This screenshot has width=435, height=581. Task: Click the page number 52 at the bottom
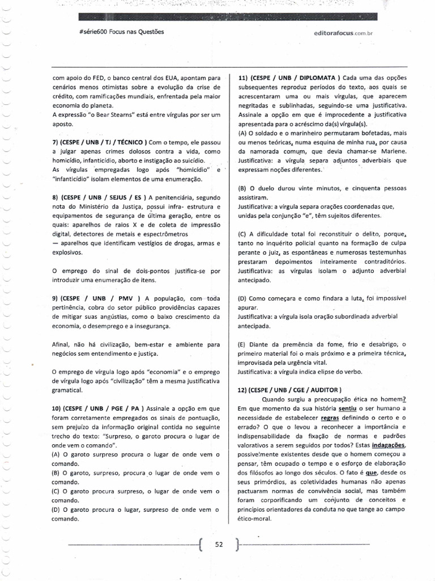[x=220, y=544]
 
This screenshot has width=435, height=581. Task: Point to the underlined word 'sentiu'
[x=348, y=408]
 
